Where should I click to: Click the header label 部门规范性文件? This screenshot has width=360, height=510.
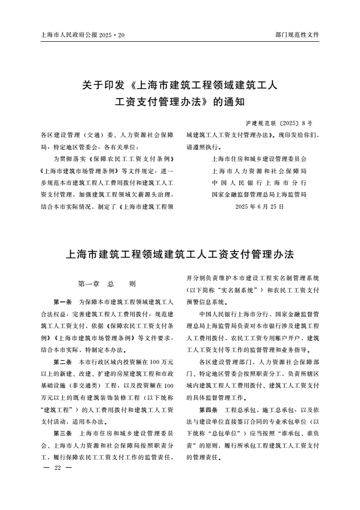tap(297, 35)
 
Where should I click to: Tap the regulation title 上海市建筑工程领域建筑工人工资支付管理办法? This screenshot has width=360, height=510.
tap(180, 254)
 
